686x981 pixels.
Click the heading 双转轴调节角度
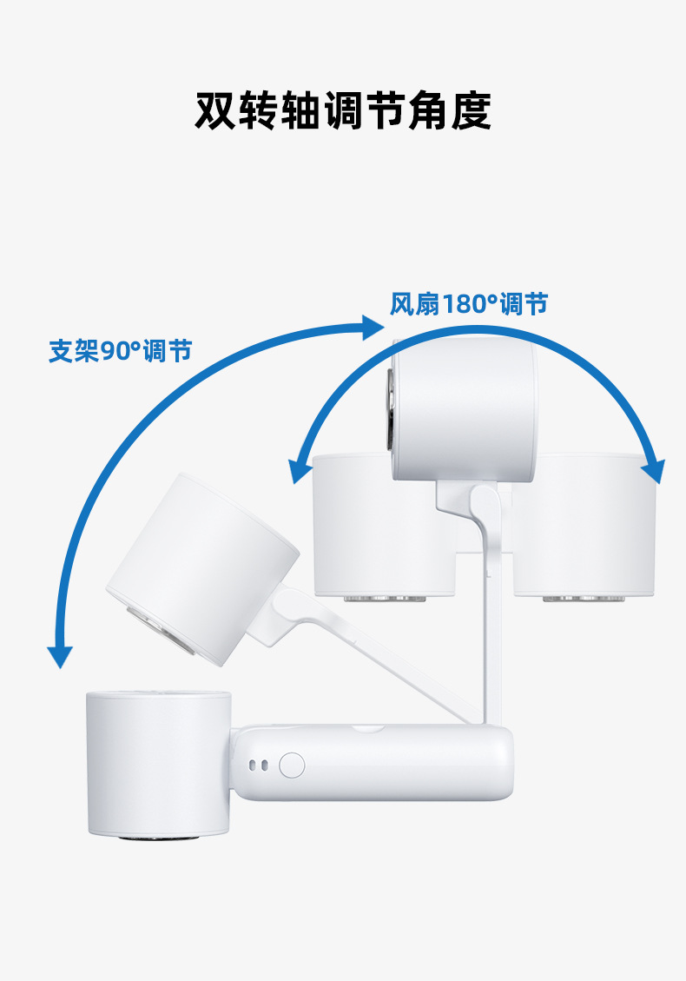[343, 110]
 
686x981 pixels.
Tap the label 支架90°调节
[120, 351]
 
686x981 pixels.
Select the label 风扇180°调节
[468, 304]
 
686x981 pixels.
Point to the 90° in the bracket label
[121, 351]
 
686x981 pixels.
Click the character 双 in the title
[215, 110]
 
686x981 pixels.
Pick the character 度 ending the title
[471, 110]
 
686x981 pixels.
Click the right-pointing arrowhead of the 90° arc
[373, 328]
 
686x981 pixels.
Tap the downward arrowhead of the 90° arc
[59, 655]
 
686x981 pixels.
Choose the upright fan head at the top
[465, 408]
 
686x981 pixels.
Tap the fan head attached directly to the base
[157, 763]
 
